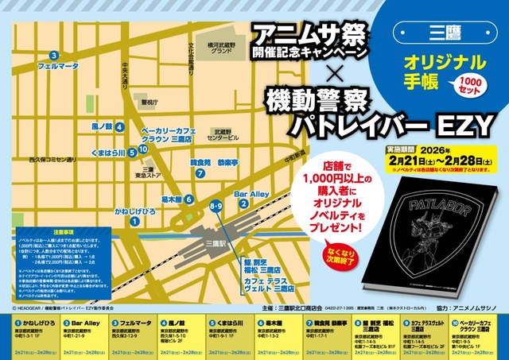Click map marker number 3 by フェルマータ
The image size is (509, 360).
click(53, 55)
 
